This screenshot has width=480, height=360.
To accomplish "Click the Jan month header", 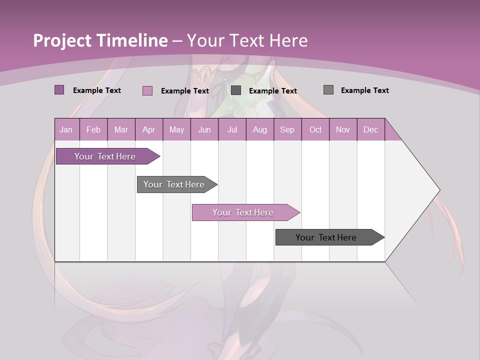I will click(x=66, y=130).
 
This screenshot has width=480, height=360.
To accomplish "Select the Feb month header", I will click(x=93, y=130).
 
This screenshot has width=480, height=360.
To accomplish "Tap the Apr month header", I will click(x=148, y=130).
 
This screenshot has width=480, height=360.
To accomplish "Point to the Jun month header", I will click(x=204, y=130).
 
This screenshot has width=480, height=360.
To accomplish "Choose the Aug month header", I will click(x=259, y=130).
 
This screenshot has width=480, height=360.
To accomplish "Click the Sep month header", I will click(x=287, y=130).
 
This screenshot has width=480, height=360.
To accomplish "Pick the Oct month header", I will click(x=315, y=130).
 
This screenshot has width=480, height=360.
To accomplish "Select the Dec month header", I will click(x=370, y=130).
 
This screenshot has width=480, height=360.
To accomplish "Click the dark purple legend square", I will click(x=59, y=90).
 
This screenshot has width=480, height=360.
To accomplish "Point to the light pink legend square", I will click(x=147, y=90).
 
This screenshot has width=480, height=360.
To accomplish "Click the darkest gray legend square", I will click(x=236, y=90).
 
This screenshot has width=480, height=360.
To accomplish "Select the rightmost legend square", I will click(x=328, y=90).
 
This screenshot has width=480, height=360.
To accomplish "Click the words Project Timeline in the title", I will click(x=100, y=40).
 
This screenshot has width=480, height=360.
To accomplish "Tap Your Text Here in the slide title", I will click(x=247, y=40).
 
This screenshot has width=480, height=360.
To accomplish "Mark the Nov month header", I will click(x=342, y=130).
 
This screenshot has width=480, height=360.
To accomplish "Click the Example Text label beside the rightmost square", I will click(x=364, y=90).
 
